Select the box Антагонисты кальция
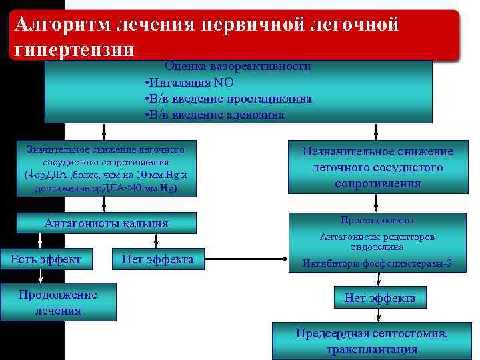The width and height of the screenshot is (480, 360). point(107,223)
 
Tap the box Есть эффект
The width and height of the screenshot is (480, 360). point(43,259)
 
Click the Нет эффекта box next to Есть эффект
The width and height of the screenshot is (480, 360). point(157,259)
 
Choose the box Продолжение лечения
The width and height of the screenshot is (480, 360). point(59,303)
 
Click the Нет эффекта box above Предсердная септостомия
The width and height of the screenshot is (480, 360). point(379,298)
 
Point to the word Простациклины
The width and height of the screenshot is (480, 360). point(377,220)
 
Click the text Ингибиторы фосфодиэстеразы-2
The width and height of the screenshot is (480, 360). point(377,263)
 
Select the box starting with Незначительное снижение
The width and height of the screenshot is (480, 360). point(377,167)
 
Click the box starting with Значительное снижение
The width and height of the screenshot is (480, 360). point(107,168)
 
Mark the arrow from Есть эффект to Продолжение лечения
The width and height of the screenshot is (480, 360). point(41,275)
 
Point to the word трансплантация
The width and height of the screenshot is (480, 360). point(372,350)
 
